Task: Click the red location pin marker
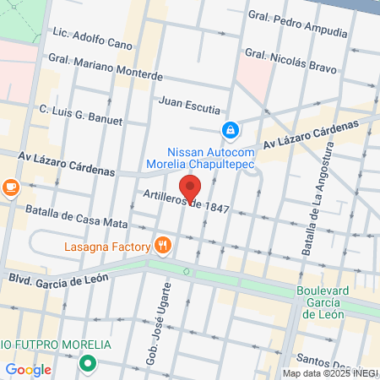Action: tap(190, 188)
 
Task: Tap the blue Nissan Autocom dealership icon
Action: tap(228, 130)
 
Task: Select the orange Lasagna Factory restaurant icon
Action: tap(163, 247)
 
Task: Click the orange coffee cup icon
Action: tap(10, 187)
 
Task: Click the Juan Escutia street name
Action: tap(189, 108)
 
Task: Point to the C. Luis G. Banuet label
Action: tap(81, 114)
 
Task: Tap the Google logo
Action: tap(28, 369)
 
